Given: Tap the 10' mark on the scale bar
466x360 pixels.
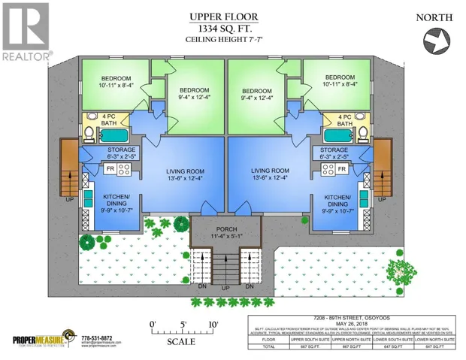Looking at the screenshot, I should [213, 324].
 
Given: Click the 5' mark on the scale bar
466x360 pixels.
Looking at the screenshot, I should [184, 324].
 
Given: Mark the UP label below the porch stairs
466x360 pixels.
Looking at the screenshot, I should [226, 289].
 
